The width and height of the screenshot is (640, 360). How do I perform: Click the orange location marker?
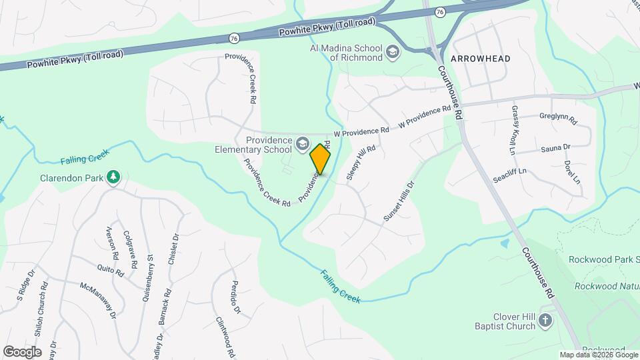pyautogui.click(x=321, y=159)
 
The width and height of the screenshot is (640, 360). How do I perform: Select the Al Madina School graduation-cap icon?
pyautogui.click(x=393, y=53)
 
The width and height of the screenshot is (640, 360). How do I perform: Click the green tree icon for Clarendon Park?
pyautogui.click(x=114, y=177)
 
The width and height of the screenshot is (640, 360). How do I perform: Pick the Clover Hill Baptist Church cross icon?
pyautogui.click(x=545, y=321)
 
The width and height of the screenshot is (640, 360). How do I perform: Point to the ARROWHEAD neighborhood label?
pyautogui.click(x=480, y=59)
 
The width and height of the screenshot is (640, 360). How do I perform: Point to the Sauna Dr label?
pyautogui.click(x=555, y=147)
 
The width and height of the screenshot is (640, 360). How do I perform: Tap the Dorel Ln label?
pyautogui.click(x=571, y=171)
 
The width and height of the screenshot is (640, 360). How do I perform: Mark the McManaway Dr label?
pyautogui.click(x=98, y=299)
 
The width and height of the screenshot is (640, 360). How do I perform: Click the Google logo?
pyautogui.click(x=22, y=351)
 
